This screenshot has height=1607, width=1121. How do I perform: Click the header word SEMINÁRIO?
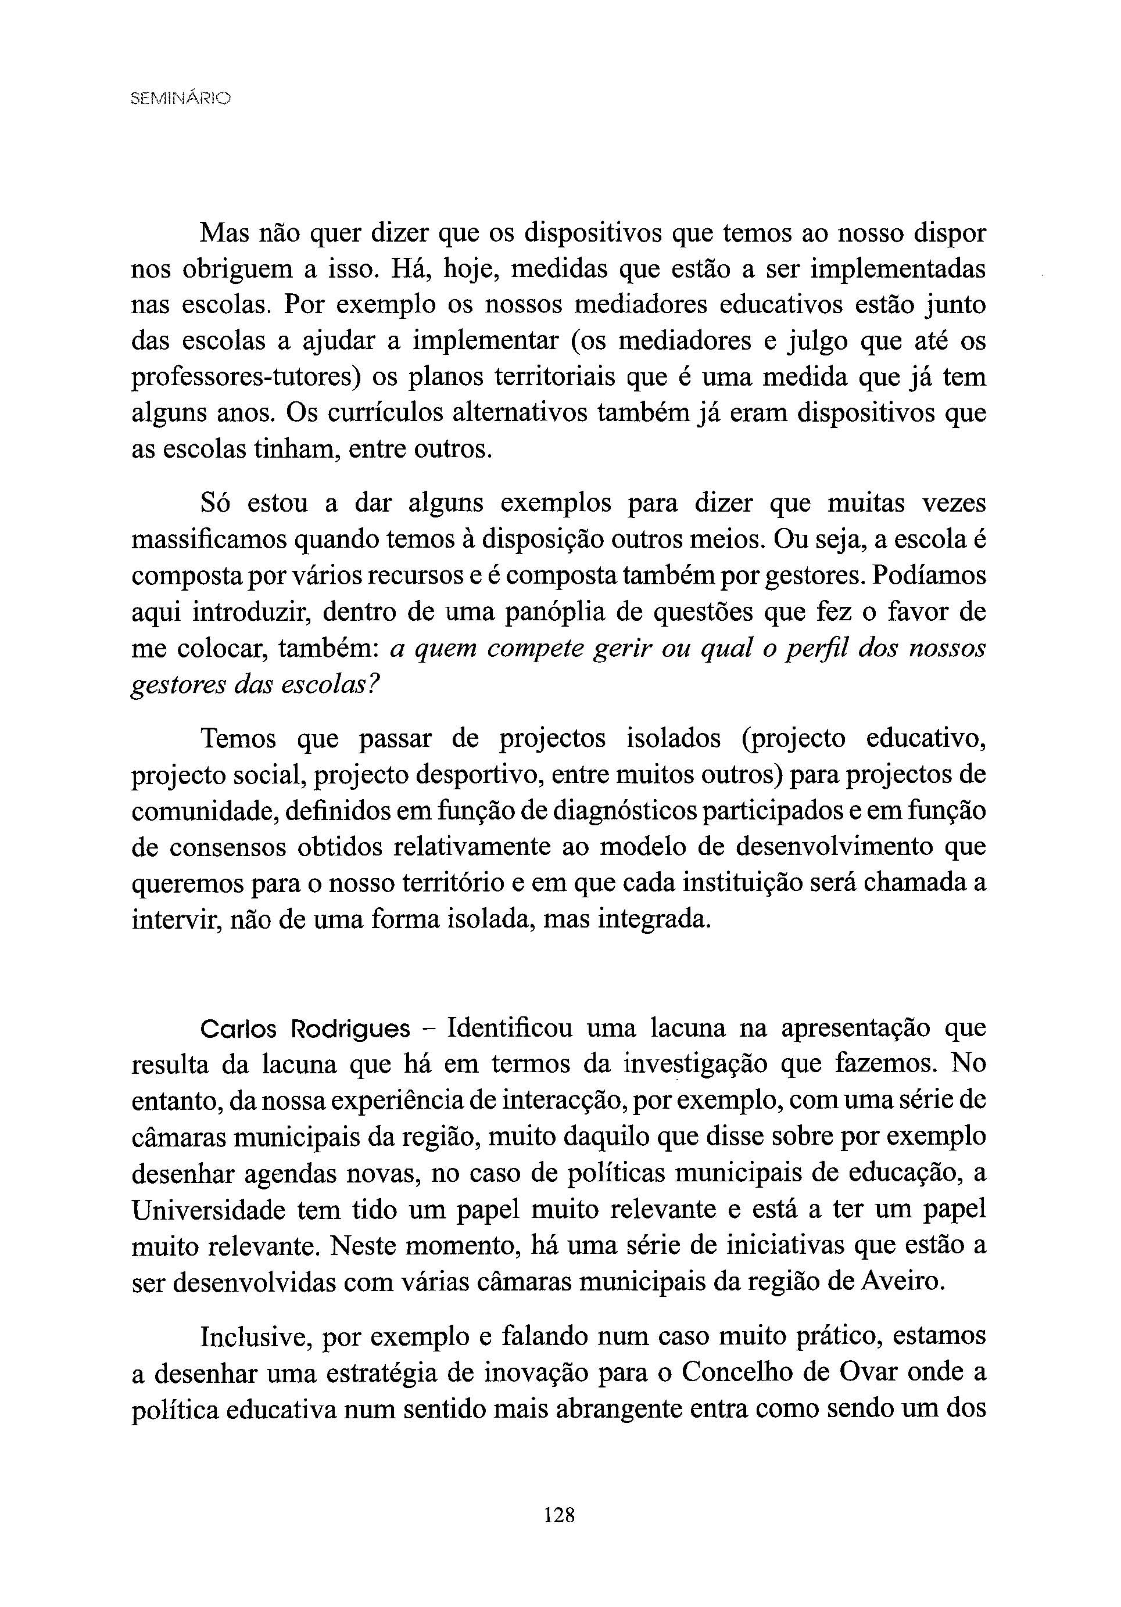coord(180,99)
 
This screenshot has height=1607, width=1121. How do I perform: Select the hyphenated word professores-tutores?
coord(246,378)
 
